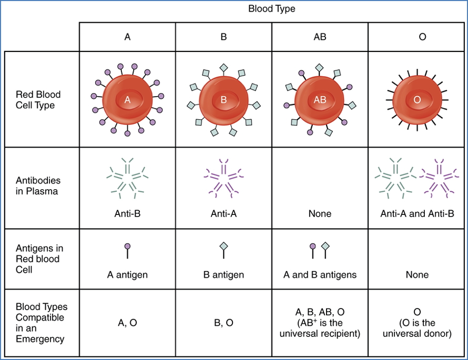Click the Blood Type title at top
tap(272, 9)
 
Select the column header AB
tap(320, 37)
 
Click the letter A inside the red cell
tap(127, 100)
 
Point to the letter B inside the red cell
tap(223, 100)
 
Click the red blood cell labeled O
tap(418, 100)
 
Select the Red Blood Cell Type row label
tap(38, 100)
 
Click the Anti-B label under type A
tap(127, 214)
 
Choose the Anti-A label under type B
tap(223, 214)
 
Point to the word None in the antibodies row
tap(320, 214)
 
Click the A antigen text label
tap(127, 275)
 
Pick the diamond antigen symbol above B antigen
tap(223, 246)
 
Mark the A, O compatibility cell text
tap(127, 323)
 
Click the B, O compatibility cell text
tap(223, 323)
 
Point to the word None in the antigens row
tap(417, 275)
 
